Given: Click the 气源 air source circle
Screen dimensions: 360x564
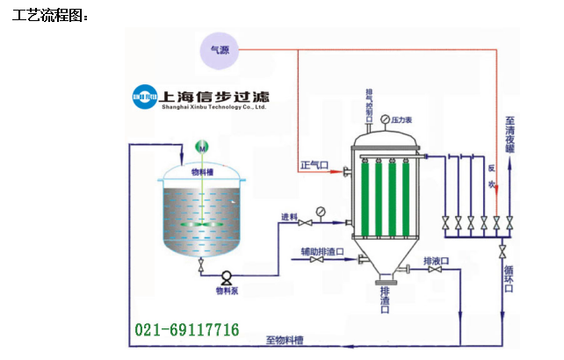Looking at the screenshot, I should (x=218, y=50).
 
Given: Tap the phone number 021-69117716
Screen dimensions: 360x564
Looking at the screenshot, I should (x=186, y=330).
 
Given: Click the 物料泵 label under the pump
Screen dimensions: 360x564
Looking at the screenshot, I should (x=227, y=290).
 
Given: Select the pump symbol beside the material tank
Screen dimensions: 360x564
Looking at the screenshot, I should (x=226, y=276).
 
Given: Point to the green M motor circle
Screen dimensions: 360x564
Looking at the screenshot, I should (x=201, y=148).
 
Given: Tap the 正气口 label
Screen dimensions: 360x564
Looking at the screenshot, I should (x=314, y=164).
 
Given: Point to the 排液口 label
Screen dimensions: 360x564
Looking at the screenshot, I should (x=436, y=261).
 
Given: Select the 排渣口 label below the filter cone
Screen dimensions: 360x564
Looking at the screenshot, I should (x=385, y=302).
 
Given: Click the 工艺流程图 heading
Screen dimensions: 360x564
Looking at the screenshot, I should (x=50, y=15).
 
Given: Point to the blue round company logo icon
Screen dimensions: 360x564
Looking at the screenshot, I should (x=145, y=94).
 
